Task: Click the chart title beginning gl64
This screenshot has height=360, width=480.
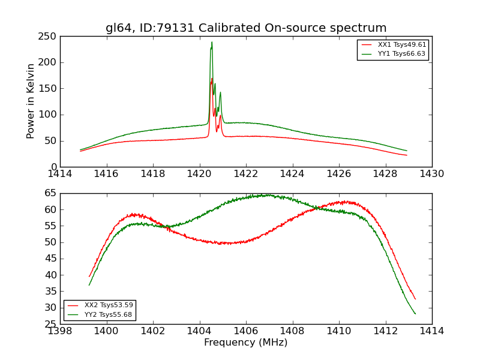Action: click(x=246, y=28)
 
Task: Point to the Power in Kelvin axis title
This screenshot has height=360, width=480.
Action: click(x=31, y=101)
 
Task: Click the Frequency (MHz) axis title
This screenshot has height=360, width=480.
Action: click(x=246, y=343)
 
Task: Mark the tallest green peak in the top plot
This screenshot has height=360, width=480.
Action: click(x=212, y=42)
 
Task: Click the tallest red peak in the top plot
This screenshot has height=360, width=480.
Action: click(x=211, y=79)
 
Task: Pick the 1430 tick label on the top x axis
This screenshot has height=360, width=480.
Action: click(x=432, y=174)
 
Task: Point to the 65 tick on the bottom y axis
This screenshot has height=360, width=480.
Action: click(x=50, y=193)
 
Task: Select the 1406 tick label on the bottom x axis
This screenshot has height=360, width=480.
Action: click(x=246, y=331)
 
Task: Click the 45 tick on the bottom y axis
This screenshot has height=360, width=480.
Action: click(x=50, y=259)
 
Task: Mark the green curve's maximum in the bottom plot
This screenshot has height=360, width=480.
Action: click(x=268, y=194)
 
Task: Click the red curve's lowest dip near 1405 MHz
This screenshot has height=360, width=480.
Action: click(x=225, y=244)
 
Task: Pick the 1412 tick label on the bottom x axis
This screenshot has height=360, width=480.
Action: click(x=385, y=331)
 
